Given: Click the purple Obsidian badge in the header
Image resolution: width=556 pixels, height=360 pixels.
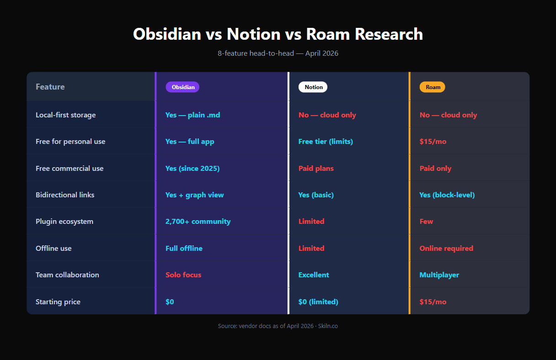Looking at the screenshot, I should coord(182,87).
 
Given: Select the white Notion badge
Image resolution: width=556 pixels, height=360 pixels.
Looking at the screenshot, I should coord(313,87).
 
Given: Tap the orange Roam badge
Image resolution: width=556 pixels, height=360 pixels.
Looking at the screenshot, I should coord(432,87).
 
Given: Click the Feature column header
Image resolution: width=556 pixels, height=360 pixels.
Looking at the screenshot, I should coord(50,87).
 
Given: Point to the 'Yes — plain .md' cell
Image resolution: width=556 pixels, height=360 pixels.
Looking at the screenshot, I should coord(192,115).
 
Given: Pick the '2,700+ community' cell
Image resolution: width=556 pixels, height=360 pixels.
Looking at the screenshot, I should coord(198,222).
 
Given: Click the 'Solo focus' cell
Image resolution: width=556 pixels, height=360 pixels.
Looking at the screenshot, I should coord(183,275).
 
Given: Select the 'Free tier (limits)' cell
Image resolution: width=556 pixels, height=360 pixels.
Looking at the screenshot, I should coord(326,142).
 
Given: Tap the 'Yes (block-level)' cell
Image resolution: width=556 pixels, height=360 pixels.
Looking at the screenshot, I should coord(447,195).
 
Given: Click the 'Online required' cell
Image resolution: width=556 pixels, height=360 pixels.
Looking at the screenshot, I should coord(446,249).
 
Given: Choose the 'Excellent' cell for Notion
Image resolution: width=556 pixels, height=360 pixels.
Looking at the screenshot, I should coord(314,275).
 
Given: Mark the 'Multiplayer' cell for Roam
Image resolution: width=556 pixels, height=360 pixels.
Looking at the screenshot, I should coord(439,275).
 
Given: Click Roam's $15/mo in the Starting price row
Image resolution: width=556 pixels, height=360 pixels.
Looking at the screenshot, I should coord(433,302).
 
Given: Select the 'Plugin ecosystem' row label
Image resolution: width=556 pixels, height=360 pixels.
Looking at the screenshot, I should coord(64,222).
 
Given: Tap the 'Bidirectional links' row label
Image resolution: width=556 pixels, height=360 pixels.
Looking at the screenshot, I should coord(65,195).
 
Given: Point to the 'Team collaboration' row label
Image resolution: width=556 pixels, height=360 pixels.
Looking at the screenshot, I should coord(67,275).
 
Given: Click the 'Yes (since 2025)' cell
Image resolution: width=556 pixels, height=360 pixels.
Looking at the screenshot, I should coord(192,169).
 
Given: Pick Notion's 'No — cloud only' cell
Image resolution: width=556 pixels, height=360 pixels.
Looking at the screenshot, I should coord(327,115).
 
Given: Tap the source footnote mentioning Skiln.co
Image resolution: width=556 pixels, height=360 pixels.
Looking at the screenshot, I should coord(278,326).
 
